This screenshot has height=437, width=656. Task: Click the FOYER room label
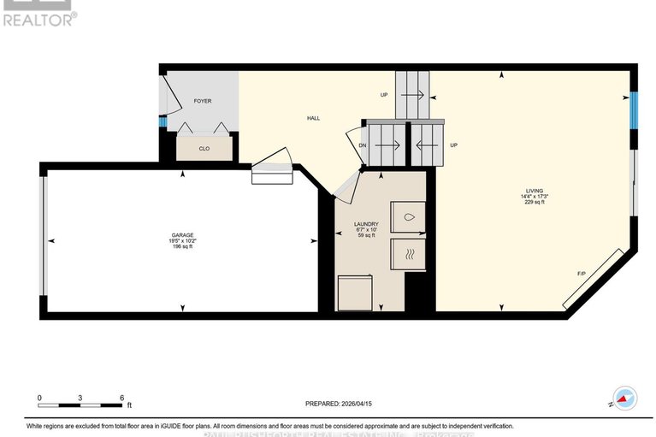point(202,101)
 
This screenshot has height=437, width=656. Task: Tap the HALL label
point(314,118)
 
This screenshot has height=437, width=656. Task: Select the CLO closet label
point(204,149)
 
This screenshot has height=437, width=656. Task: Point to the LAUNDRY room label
point(366,224)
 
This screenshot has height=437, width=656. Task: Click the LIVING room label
point(535,191)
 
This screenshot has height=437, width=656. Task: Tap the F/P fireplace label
point(581,273)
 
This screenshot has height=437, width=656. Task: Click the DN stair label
point(363,145)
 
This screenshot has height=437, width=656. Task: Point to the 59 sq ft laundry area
point(366,237)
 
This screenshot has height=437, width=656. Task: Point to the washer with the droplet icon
point(407,217)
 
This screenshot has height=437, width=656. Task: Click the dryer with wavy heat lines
point(407,253)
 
